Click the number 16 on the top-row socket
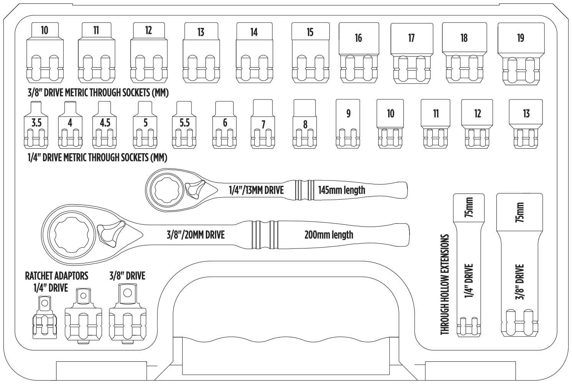coord(358,38)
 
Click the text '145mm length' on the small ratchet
coord(342,190)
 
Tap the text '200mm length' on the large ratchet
coord(329,235)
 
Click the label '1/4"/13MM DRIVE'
coord(256,190)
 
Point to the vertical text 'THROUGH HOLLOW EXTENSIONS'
coord(445,285)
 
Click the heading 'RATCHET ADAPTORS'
coord(56,275)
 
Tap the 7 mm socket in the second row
coord(263,124)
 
